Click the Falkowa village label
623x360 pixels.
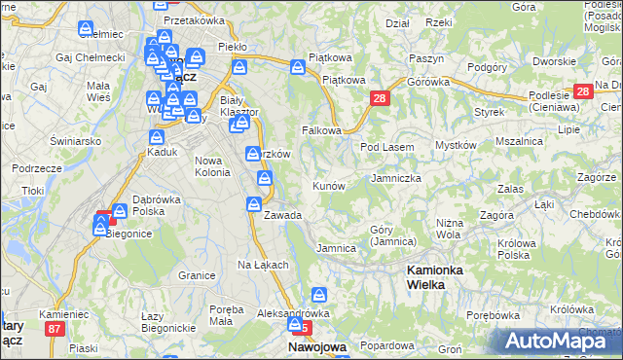[x=322, y=130]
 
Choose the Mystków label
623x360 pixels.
[x=455, y=146]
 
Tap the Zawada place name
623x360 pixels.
[x=282, y=215]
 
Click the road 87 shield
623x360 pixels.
[x=55, y=330]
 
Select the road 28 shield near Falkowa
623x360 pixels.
[x=380, y=98]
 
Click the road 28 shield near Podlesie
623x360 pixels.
[x=583, y=91]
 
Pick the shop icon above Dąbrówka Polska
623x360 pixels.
[x=120, y=210]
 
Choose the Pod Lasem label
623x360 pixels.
[x=387, y=147]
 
